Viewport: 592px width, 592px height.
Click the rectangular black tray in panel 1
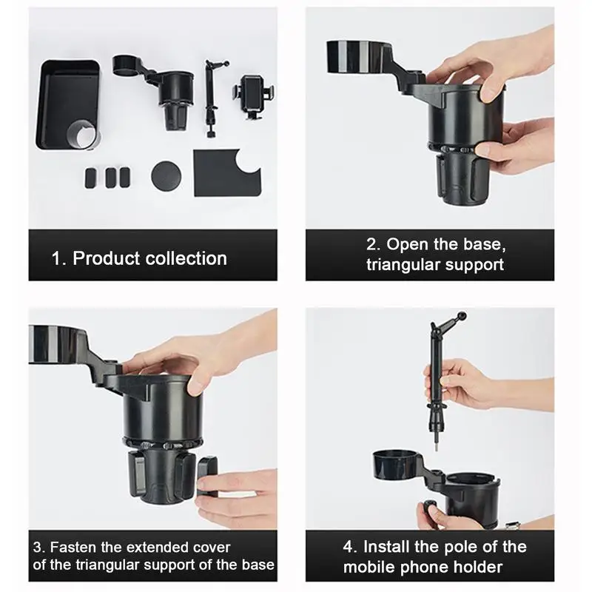[68, 105]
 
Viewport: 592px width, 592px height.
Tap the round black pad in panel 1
[166, 176]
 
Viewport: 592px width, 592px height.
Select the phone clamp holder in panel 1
[254, 97]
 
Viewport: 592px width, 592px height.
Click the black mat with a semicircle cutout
[227, 173]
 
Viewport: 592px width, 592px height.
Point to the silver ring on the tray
[82, 135]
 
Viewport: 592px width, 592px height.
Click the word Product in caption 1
[107, 258]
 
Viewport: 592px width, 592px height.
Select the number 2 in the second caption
[372, 245]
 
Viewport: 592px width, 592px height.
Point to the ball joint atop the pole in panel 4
[461, 316]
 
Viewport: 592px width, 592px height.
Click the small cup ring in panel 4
[396, 464]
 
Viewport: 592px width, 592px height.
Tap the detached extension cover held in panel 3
[207, 477]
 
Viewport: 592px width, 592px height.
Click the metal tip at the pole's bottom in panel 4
[436, 445]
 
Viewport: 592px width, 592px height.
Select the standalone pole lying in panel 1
[211, 98]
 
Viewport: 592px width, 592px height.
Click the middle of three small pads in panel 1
[110, 178]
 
